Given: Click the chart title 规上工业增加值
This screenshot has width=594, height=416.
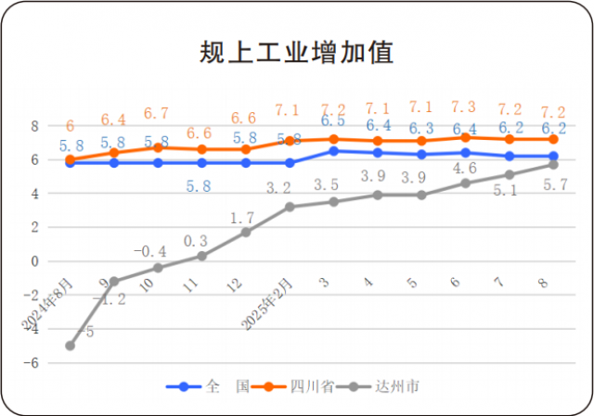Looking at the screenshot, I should pos(297,51).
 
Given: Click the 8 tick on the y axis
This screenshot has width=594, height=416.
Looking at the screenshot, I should pos(33,126).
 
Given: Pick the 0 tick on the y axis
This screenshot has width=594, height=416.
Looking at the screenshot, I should pos(33,261).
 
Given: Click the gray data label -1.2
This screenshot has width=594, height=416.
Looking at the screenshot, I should pos(113,299).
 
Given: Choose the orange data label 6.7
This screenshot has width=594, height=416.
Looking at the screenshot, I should pos(157,113).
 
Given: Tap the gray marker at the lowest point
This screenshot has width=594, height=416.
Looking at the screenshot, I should pos(70,346).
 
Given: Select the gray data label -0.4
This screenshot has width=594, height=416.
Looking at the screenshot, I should pos(150,250).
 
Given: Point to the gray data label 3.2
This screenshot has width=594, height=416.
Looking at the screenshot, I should pos(278,188).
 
